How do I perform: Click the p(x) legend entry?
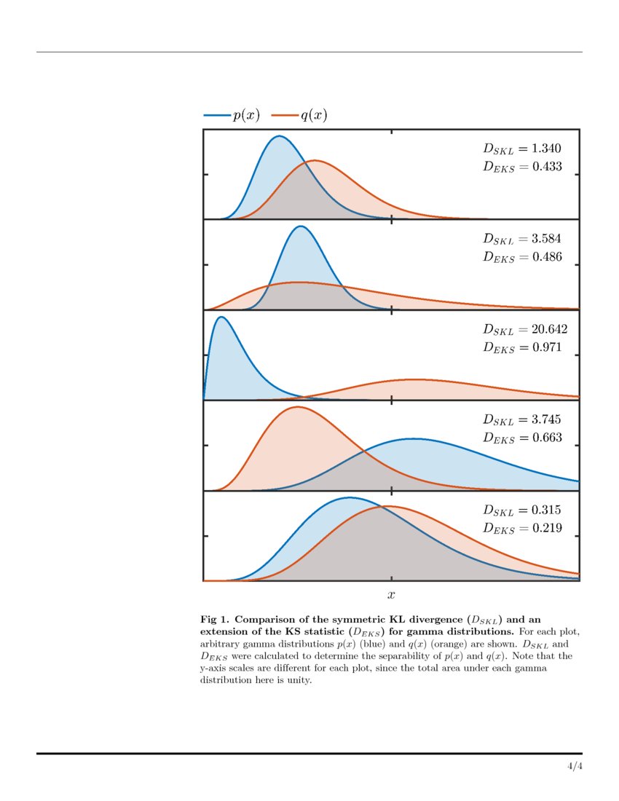coord(232,115)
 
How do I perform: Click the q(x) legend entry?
coord(299,115)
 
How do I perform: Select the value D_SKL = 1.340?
coord(522,149)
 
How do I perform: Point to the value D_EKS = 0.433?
coord(522,167)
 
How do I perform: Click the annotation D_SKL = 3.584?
coord(522,239)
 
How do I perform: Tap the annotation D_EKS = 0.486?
coord(522,257)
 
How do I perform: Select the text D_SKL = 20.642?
coord(525,329)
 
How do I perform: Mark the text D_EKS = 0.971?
coord(522,347)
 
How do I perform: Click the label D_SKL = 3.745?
coord(522,419)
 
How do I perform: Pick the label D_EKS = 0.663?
coord(522,438)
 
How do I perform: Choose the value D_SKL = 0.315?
coord(522,510)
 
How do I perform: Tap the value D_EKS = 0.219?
coord(522,528)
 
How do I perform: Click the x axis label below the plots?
coord(392,596)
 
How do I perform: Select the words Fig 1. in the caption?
coord(215,618)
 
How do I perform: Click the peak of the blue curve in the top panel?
coord(278,136)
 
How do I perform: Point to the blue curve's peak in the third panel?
coord(221,317)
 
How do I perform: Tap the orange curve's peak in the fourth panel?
coord(297,407)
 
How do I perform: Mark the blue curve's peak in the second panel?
coord(300,226)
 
